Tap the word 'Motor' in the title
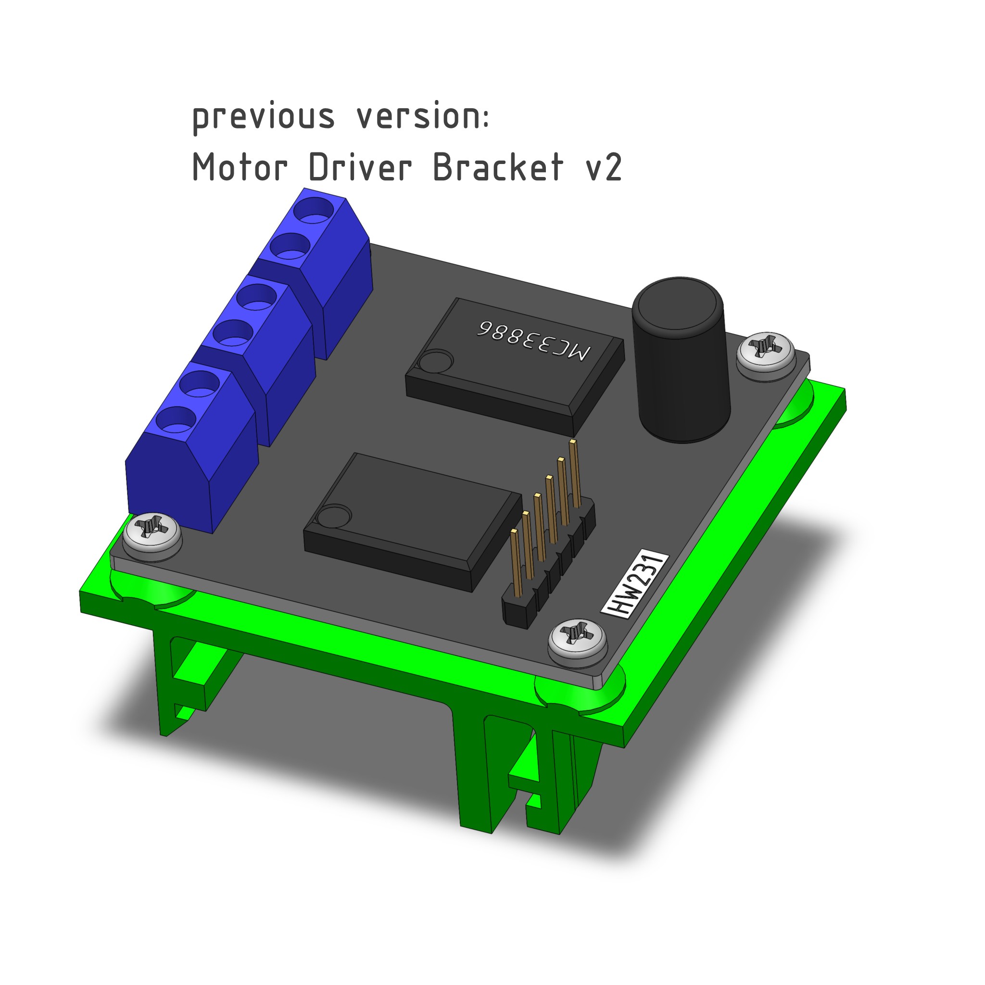coord(240,167)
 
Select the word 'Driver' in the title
coord(360,167)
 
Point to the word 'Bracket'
coord(498,167)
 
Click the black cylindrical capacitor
coord(681,360)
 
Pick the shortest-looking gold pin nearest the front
coord(516,563)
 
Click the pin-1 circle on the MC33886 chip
coord(436,362)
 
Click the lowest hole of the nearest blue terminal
coord(177,421)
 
